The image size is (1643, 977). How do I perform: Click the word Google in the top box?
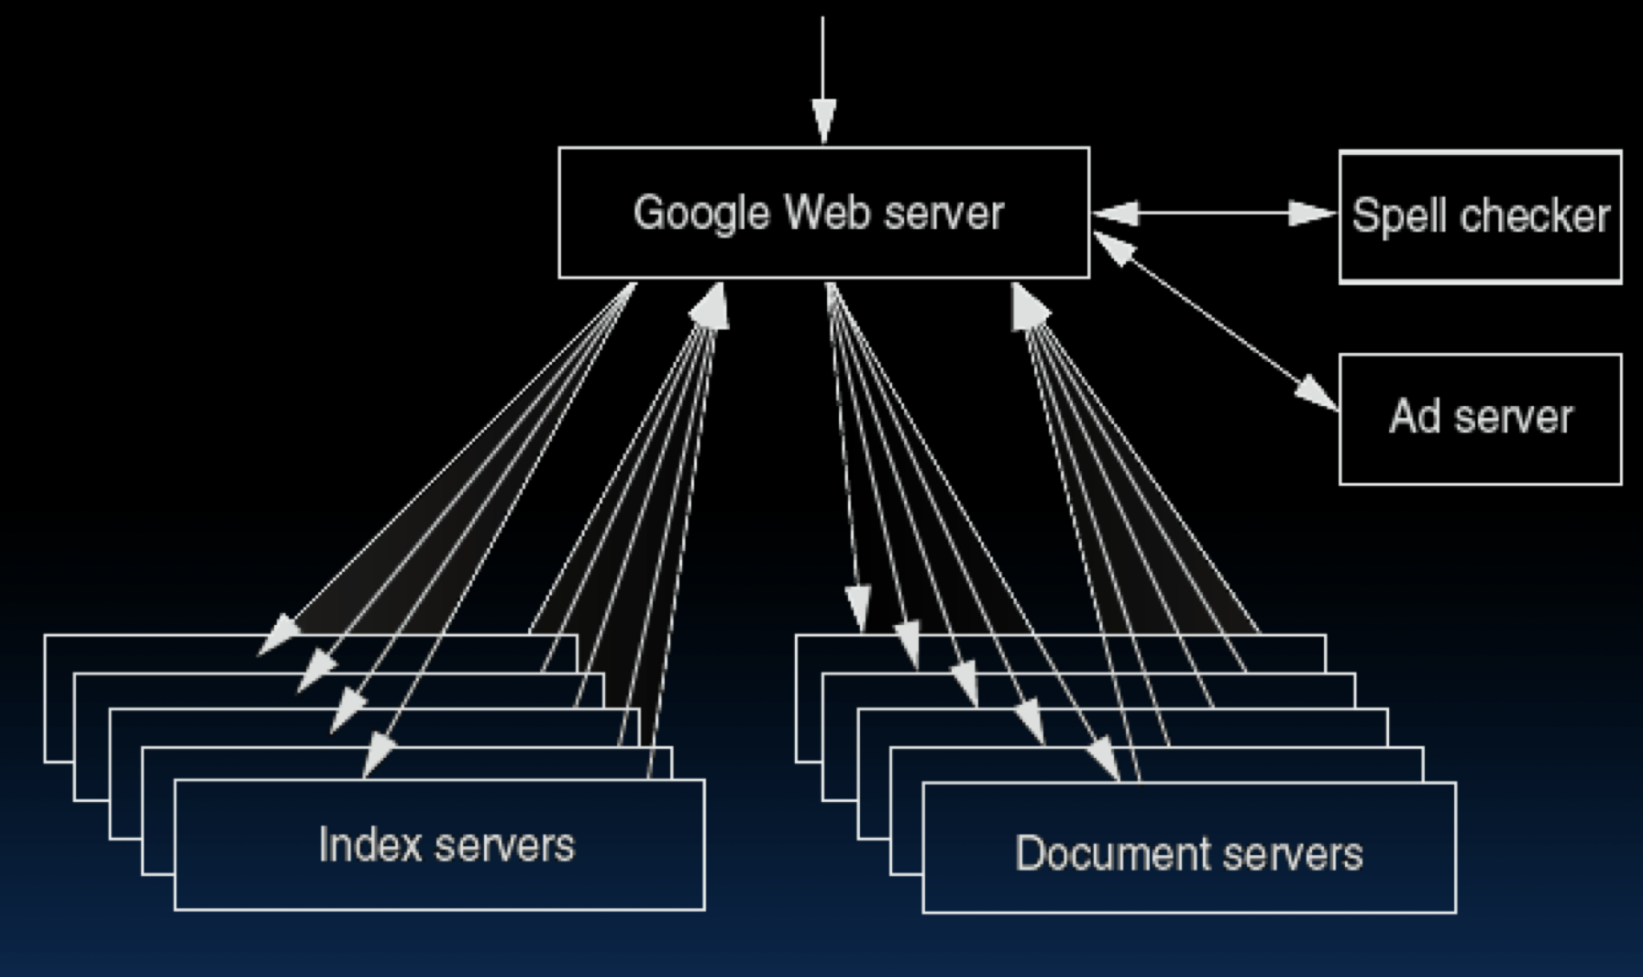[x=700, y=214]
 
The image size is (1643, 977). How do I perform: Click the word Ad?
[x=1413, y=417]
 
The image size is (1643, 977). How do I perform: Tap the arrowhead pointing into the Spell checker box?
[x=1313, y=214]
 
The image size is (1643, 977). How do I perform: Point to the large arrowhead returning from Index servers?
[x=711, y=306]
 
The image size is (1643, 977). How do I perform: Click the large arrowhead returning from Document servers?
[x=1029, y=306]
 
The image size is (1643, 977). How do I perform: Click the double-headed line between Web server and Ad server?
[x=1215, y=321]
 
